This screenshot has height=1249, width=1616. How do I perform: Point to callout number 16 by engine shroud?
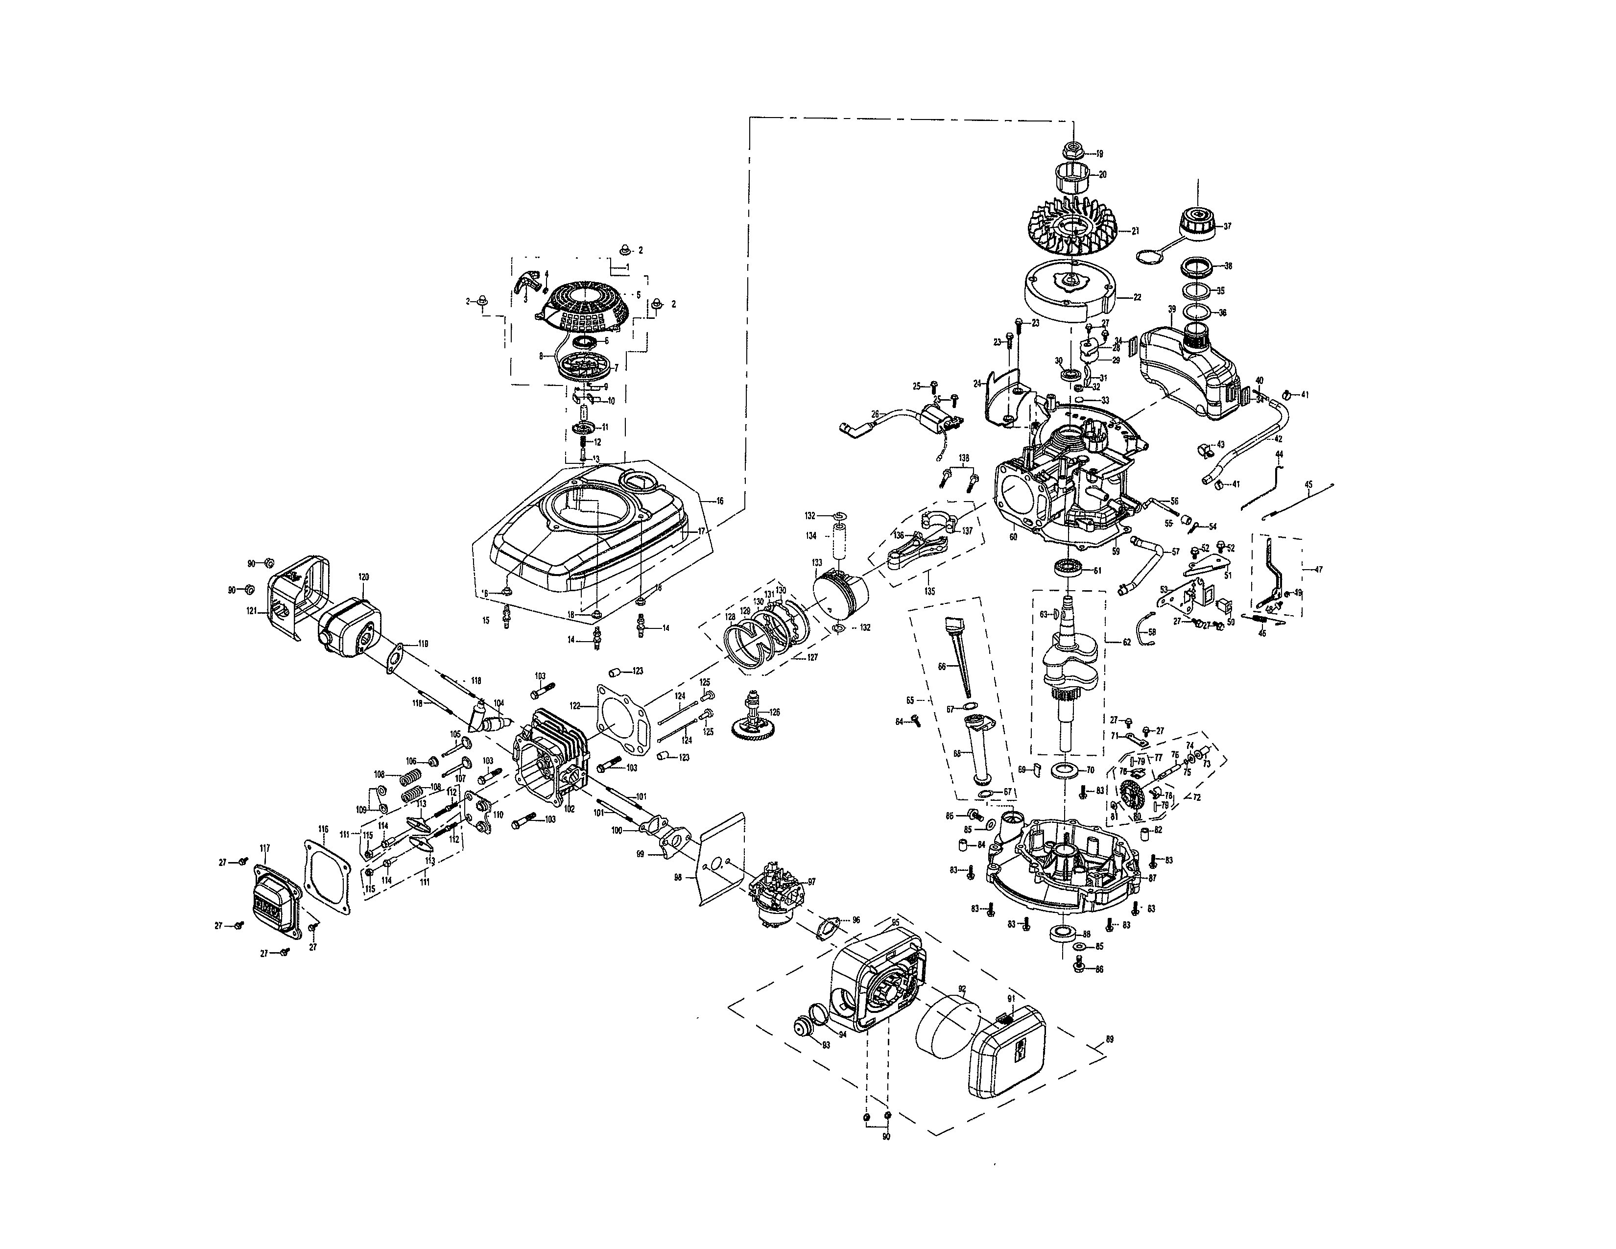(719, 501)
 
